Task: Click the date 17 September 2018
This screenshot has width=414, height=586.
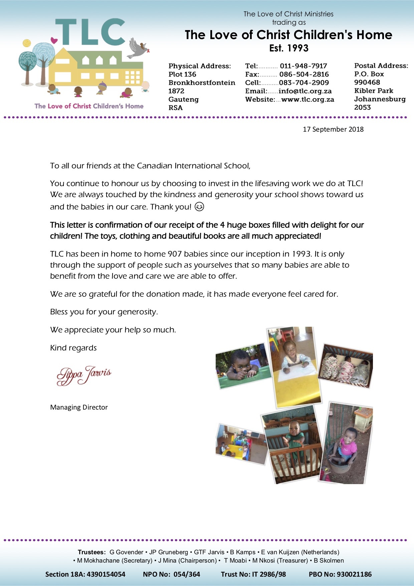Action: pos(333,129)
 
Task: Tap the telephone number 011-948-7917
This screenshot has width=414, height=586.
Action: pos(303,66)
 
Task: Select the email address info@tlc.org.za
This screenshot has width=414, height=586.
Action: pos(305,91)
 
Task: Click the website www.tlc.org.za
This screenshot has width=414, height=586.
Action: pos(307,99)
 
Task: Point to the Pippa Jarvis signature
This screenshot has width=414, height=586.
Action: pos(84,375)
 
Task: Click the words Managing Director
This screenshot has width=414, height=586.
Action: pos(79,407)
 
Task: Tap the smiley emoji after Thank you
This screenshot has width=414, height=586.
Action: pos(199,207)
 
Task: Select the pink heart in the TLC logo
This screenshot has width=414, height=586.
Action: pos(54,40)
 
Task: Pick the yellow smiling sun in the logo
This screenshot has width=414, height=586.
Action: pos(27,43)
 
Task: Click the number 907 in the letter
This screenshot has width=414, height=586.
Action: pos(175,254)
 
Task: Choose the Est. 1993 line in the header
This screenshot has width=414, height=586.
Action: pos(289,48)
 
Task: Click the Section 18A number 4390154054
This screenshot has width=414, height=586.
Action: pos(106,574)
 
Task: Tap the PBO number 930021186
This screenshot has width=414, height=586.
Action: pos(354,574)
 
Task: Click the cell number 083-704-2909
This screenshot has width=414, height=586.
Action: pos(304,83)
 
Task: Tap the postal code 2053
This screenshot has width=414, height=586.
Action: pos(362,107)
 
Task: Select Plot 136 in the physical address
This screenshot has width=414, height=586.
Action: pos(182,74)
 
